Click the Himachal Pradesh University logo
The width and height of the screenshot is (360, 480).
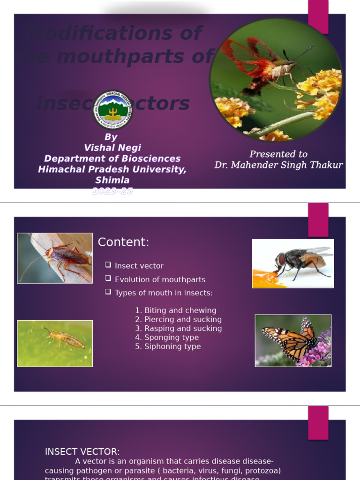112,110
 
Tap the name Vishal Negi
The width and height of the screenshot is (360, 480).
112,148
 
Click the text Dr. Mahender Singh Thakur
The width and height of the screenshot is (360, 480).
278,165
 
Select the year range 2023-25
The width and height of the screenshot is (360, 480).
112,191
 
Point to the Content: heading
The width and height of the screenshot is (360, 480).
123,242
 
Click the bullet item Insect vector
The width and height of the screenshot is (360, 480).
139,266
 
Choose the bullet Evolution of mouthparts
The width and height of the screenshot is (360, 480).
160,279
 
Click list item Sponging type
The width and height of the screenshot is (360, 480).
172,337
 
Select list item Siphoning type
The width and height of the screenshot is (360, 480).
172,346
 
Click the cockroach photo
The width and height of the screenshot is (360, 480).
55,258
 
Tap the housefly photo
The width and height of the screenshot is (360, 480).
293,263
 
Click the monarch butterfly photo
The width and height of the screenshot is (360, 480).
293,341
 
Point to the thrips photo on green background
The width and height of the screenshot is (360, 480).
55,344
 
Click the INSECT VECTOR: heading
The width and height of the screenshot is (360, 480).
82,452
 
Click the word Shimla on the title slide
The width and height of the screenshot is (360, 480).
112,180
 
